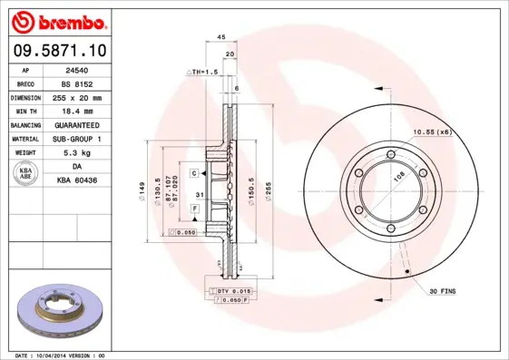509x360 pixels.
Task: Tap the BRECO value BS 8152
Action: [x=76, y=83]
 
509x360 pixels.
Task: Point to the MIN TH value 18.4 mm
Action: [x=76, y=111]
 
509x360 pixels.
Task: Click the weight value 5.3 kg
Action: [x=76, y=152]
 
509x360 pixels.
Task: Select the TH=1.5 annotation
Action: [x=203, y=71]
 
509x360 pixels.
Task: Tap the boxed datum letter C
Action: [x=194, y=172]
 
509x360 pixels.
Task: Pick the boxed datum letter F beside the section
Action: [x=194, y=209]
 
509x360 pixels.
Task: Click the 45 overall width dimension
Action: [x=220, y=36]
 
